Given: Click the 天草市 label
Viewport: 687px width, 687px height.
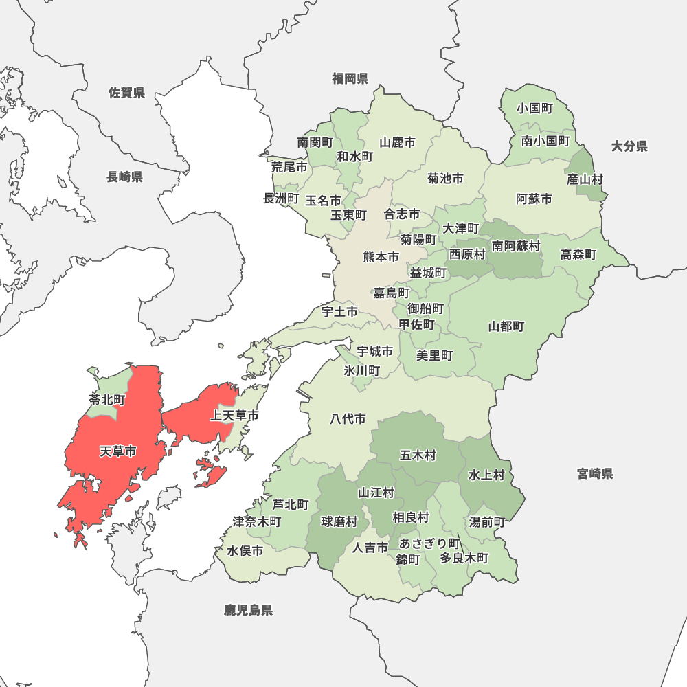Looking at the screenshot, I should click(117, 452).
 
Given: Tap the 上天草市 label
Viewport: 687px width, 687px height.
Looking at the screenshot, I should click(235, 416).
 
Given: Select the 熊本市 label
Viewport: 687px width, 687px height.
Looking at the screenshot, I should click(381, 258).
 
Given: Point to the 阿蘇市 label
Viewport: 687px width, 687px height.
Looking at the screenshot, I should click(534, 199).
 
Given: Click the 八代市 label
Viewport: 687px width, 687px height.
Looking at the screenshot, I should click(348, 418).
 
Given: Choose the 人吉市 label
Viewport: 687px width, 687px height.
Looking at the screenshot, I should click(370, 548).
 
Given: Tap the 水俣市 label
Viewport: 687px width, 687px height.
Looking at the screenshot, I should click(245, 551).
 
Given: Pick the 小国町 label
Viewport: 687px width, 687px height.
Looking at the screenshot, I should click(535, 108).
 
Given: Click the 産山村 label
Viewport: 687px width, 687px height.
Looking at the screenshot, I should click(585, 179).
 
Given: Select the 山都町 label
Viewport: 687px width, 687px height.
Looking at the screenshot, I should click(506, 326).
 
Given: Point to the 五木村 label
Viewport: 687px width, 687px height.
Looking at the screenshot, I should click(418, 455).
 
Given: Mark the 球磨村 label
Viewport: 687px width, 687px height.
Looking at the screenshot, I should click(339, 521).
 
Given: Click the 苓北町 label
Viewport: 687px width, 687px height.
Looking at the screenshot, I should click(107, 399).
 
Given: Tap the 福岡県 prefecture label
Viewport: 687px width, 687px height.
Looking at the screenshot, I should click(350, 78).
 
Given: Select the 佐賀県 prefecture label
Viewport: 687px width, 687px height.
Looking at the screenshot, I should click(127, 93).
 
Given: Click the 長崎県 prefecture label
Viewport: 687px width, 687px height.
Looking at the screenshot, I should click(124, 177).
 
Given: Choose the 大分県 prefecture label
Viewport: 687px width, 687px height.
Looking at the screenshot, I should click(629, 146).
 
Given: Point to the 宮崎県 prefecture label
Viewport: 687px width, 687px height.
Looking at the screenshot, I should click(595, 473).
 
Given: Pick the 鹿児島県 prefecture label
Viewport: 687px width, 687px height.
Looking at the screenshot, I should click(248, 610).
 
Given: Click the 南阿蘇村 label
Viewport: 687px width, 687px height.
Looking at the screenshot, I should click(515, 245).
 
